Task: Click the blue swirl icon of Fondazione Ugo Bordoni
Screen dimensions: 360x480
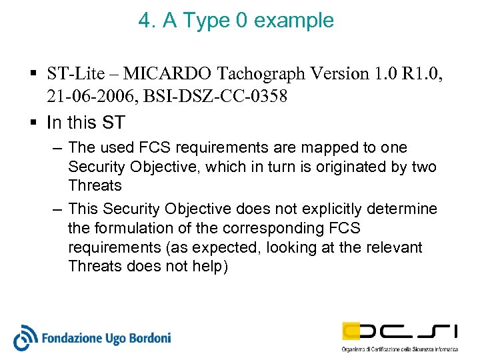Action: click(25, 337)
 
